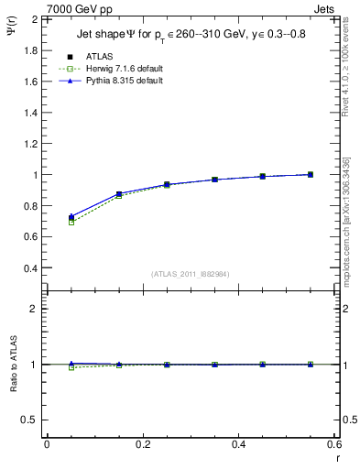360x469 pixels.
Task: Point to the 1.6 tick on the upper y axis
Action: click(x=30, y=82)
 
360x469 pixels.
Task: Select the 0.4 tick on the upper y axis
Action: click(x=30, y=268)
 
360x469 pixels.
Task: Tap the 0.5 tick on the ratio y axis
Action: click(x=30, y=420)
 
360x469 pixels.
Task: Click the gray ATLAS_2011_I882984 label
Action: click(x=191, y=275)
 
